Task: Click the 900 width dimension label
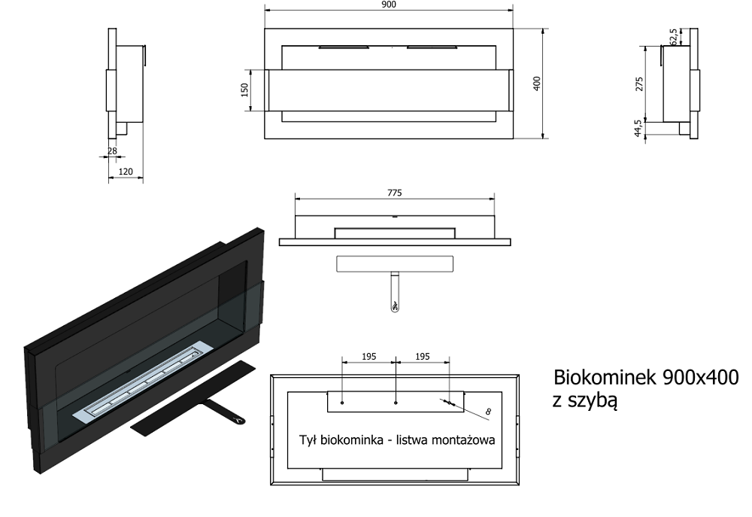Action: point(389,5)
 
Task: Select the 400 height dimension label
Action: point(537,83)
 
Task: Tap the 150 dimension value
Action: point(244,90)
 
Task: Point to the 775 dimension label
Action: point(394,193)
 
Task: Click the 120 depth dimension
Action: point(125,172)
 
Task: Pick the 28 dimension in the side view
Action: point(112,151)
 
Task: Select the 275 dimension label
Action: point(638,84)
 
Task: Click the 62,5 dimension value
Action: point(674,37)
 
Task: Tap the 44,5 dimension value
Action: point(638,129)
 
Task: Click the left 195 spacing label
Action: point(368,357)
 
